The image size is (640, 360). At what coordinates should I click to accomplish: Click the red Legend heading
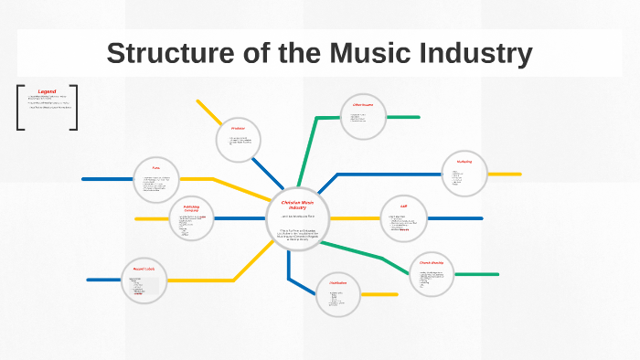point(47,91)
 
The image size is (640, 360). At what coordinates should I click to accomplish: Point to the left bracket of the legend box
point(19,107)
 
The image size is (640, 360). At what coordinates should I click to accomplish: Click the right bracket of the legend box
point(75,107)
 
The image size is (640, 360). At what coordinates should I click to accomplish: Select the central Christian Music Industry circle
point(297,217)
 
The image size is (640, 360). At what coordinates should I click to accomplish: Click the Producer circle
point(240,139)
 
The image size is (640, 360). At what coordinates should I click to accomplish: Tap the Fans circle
point(156,179)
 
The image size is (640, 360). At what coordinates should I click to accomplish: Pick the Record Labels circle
point(144,280)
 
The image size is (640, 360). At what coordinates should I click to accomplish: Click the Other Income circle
point(363,117)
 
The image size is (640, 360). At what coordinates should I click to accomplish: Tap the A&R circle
point(403,218)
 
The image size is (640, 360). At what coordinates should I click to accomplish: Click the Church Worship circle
point(431,274)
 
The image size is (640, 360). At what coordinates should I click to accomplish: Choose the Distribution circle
point(338,294)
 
